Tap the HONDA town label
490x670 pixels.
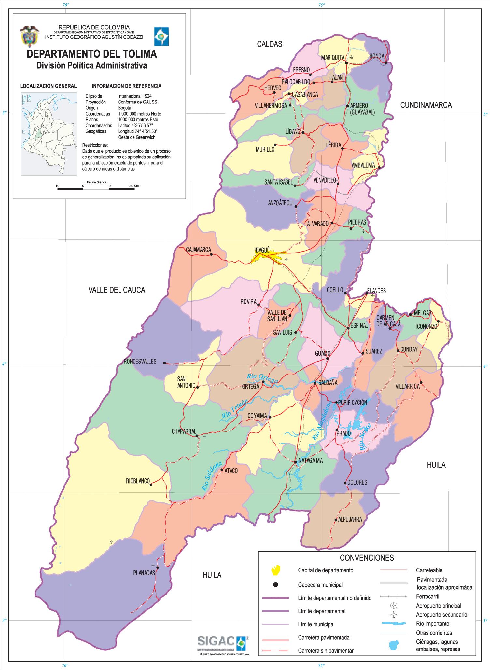click(x=377, y=57)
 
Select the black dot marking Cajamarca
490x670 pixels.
click(x=211, y=254)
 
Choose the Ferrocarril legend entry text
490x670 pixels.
click(x=427, y=597)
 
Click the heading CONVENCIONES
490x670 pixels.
click(x=367, y=558)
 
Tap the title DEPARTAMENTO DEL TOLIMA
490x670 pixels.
click(x=91, y=54)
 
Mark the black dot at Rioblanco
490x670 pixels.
click(x=151, y=485)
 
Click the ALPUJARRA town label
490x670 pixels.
click(x=350, y=520)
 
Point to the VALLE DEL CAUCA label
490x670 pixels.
click(x=117, y=290)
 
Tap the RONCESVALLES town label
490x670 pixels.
click(x=140, y=362)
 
